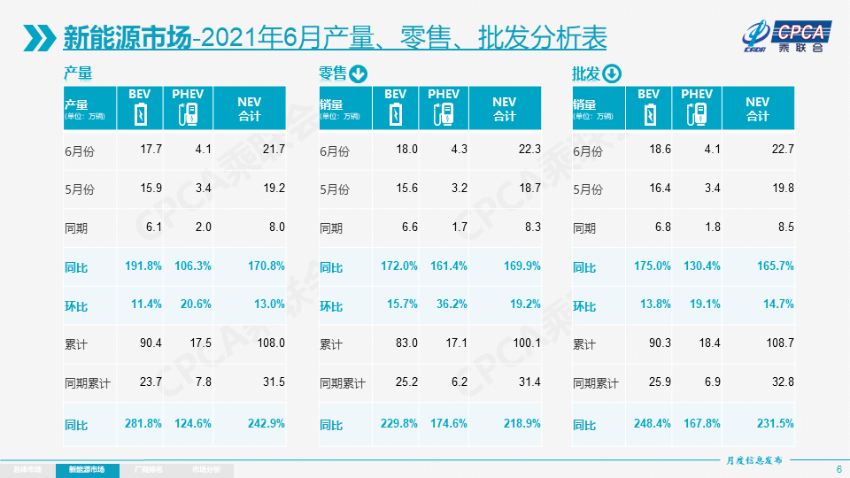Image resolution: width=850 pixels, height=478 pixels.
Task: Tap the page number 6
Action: (838, 469)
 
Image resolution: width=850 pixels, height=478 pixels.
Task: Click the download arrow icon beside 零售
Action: (358, 73)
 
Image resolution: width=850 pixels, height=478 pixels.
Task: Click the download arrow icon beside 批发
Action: (613, 73)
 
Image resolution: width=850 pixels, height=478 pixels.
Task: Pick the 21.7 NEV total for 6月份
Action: (273, 150)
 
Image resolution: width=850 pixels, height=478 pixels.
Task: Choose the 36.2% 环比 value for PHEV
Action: (450, 305)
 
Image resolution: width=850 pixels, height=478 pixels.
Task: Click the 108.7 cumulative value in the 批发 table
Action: (778, 343)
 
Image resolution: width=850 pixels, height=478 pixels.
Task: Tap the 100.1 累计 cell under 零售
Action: (525, 343)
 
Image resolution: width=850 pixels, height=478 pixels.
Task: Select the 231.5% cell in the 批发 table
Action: (775, 424)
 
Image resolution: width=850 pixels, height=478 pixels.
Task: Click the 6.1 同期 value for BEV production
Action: (152, 227)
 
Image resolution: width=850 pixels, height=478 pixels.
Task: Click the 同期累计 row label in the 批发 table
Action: (596, 384)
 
